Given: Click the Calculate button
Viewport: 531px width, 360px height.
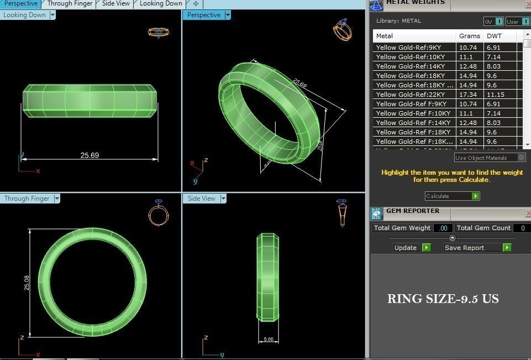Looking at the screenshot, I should (x=451, y=196).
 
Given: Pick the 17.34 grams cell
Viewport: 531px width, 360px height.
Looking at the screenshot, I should (x=469, y=95).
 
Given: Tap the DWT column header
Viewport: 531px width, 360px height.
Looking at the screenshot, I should (x=494, y=36).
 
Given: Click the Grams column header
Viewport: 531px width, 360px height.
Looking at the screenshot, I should (x=469, y=36).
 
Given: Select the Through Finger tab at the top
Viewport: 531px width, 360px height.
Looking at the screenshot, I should (x=70, y=3).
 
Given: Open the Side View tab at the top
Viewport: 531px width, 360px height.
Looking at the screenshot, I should (x=116, y=3).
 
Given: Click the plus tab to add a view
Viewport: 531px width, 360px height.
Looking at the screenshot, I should (x=196, y=3).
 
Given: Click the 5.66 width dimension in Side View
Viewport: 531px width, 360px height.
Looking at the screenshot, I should (x=269, y=339).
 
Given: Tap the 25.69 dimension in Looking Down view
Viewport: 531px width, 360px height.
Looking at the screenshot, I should (x=90, y=155).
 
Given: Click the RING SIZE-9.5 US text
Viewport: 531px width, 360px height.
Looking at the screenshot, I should (x=443, y=299).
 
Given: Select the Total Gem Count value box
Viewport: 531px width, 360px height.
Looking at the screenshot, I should (x=521, y=228).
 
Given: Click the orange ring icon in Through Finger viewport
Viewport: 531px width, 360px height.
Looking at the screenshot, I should (x=158, y=213).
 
